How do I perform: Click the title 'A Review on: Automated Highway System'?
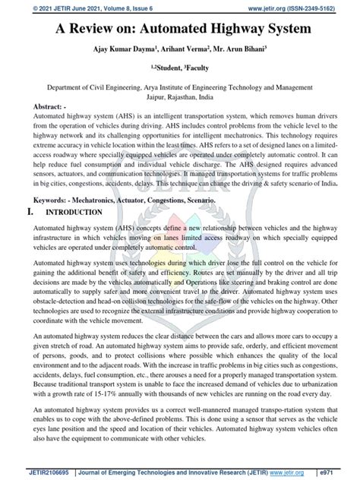coord(180,30)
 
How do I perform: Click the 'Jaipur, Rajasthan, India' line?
coord(180,97)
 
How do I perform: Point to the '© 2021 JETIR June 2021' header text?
coord(76,6)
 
